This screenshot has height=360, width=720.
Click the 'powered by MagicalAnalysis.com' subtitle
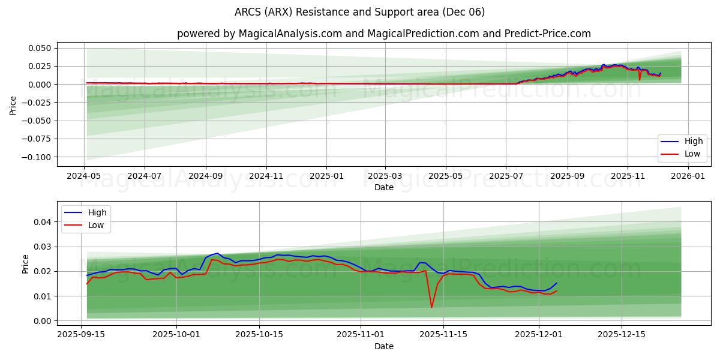[384, 34]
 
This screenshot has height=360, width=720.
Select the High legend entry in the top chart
[683, 142]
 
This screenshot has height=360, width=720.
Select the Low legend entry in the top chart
[683, 154]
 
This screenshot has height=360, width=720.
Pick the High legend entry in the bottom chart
[87, 212]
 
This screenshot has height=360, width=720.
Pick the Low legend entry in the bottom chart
[87, 225]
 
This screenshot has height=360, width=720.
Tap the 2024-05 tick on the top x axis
[84, 176]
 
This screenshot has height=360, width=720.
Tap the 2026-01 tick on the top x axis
[688, 176]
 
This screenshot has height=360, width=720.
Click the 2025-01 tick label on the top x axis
[326, 176]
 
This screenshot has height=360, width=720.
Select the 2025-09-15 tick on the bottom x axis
[82, 335]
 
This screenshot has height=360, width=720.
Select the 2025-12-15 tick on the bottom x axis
[622, 335]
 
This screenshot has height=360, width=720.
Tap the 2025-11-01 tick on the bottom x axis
[361, 335]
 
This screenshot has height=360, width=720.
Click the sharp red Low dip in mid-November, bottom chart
[431, 307]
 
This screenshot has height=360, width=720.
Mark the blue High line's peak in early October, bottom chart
[217, 253]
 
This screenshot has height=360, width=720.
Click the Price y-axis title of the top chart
[13, 105]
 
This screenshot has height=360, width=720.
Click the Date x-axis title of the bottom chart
[384, 346]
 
